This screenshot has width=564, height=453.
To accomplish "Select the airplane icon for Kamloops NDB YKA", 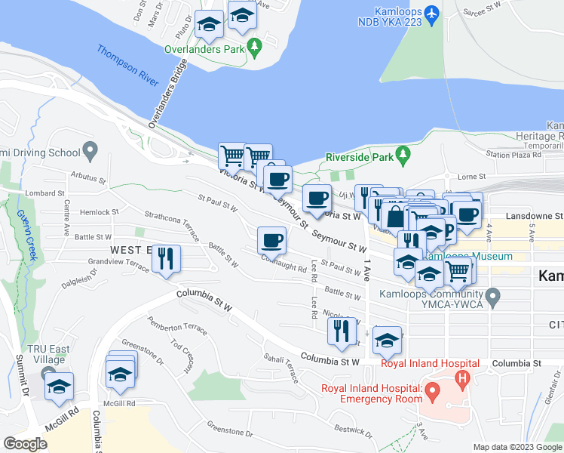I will click(x=431, y=14).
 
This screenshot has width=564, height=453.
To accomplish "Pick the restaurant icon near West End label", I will click(x=165, y=258).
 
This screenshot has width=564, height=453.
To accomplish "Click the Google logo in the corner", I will click(x=25, y=444).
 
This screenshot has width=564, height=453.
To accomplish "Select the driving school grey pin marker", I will click(x=91, y=151).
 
